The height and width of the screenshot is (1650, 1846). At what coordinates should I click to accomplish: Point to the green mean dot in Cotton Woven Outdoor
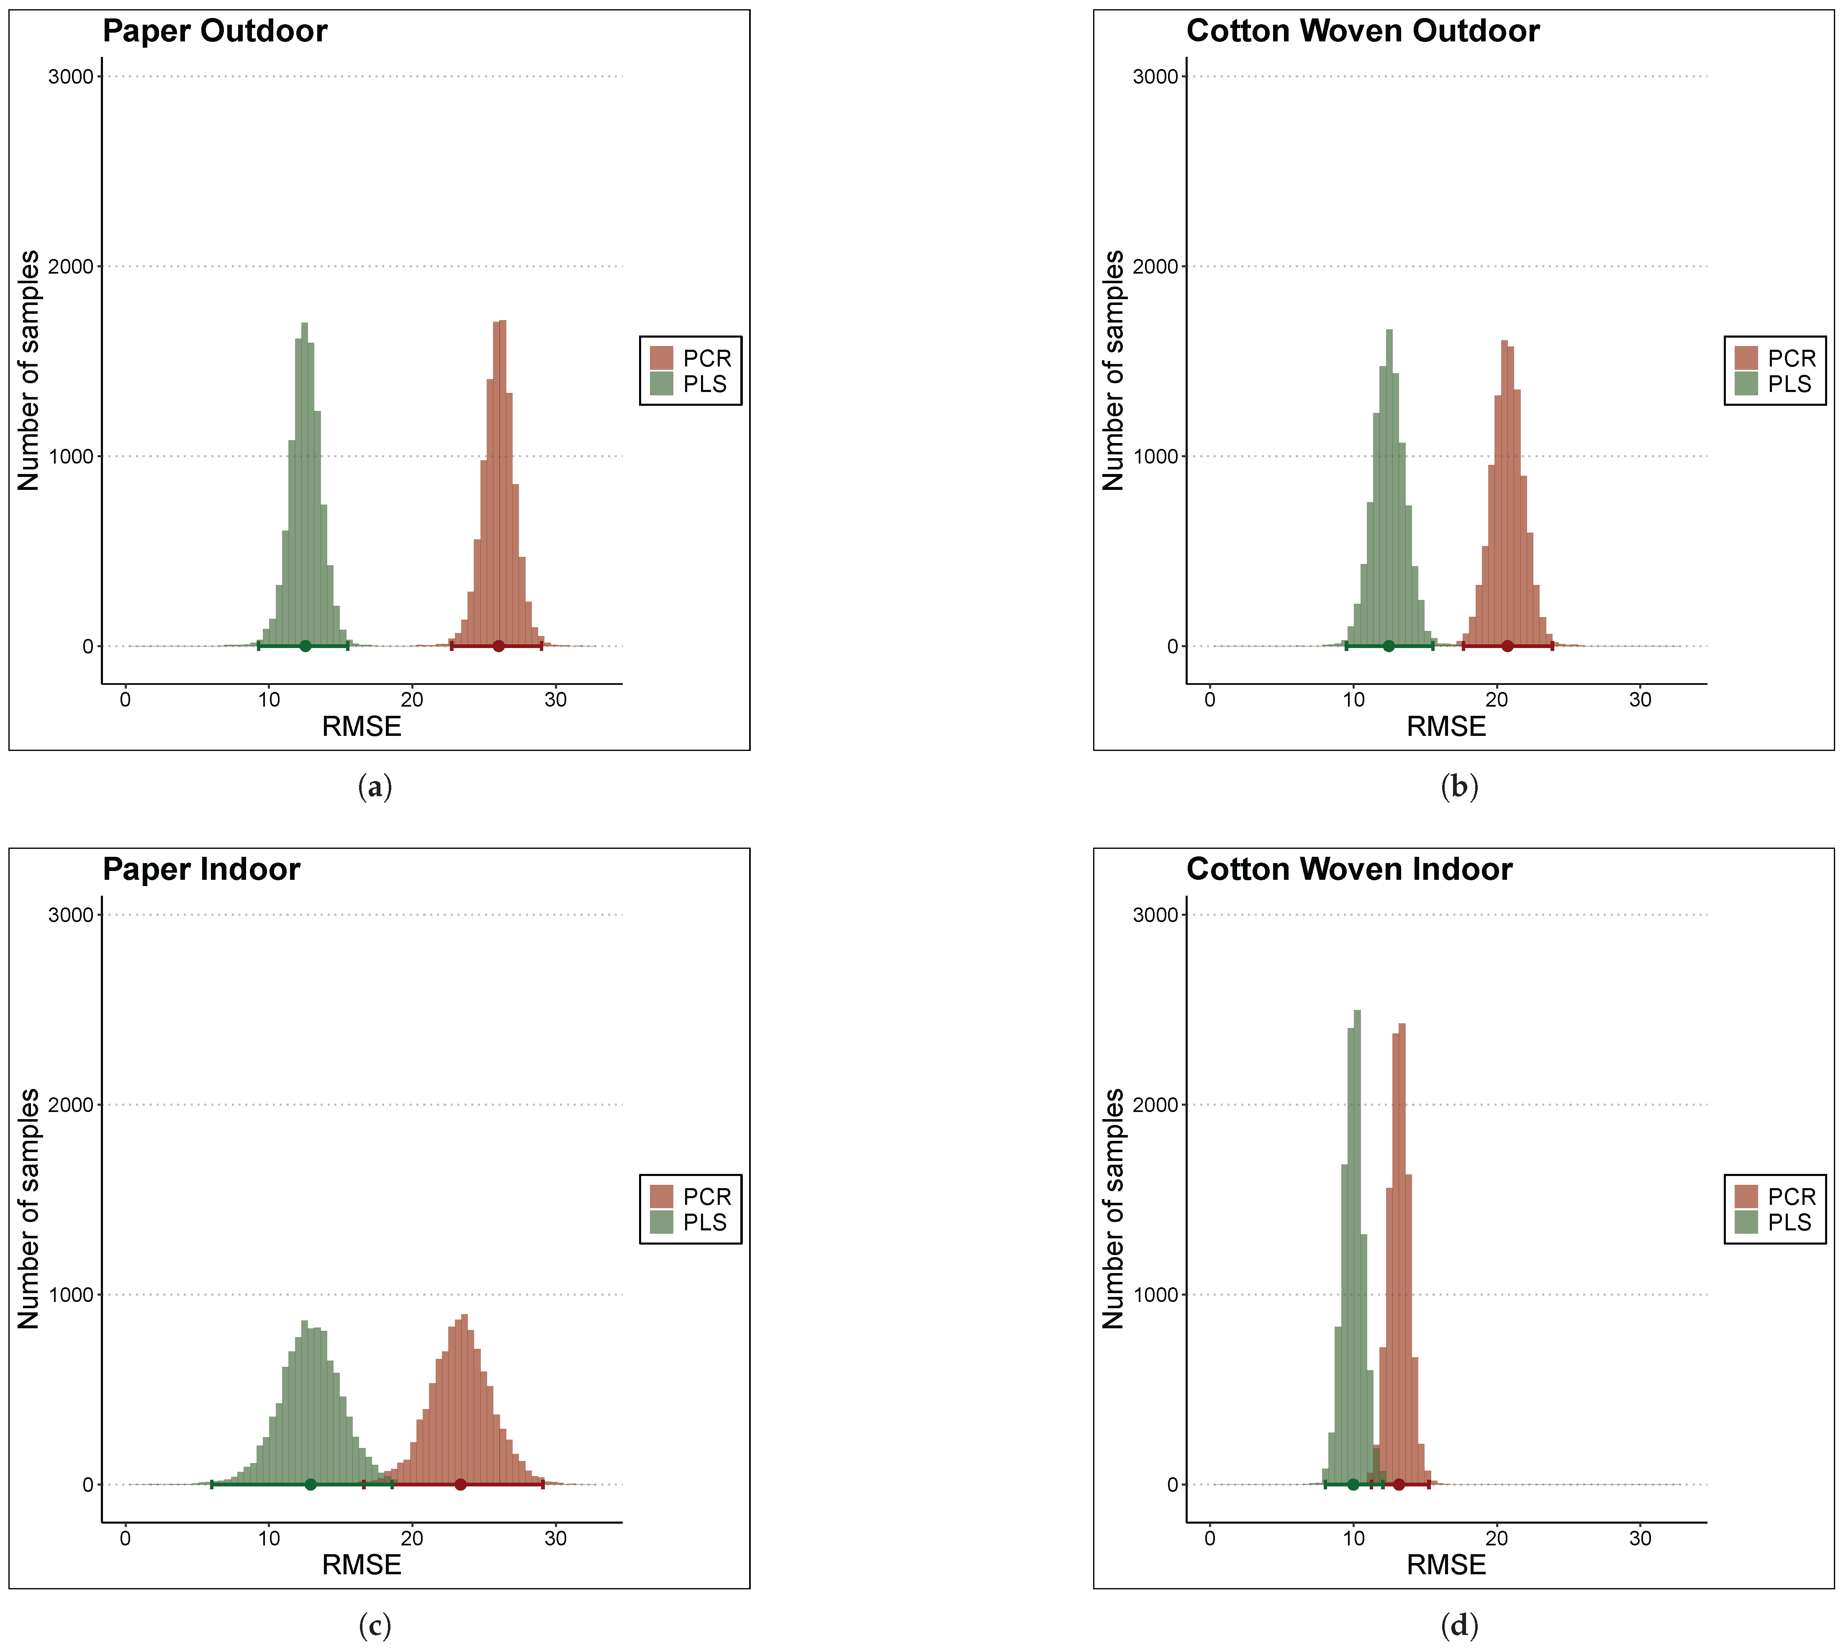coord(1388,646)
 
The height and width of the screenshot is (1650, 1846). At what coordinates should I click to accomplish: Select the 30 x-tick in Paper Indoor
coord(555,1538)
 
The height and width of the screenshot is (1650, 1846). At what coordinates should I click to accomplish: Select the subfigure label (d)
coord(1459,1624)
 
